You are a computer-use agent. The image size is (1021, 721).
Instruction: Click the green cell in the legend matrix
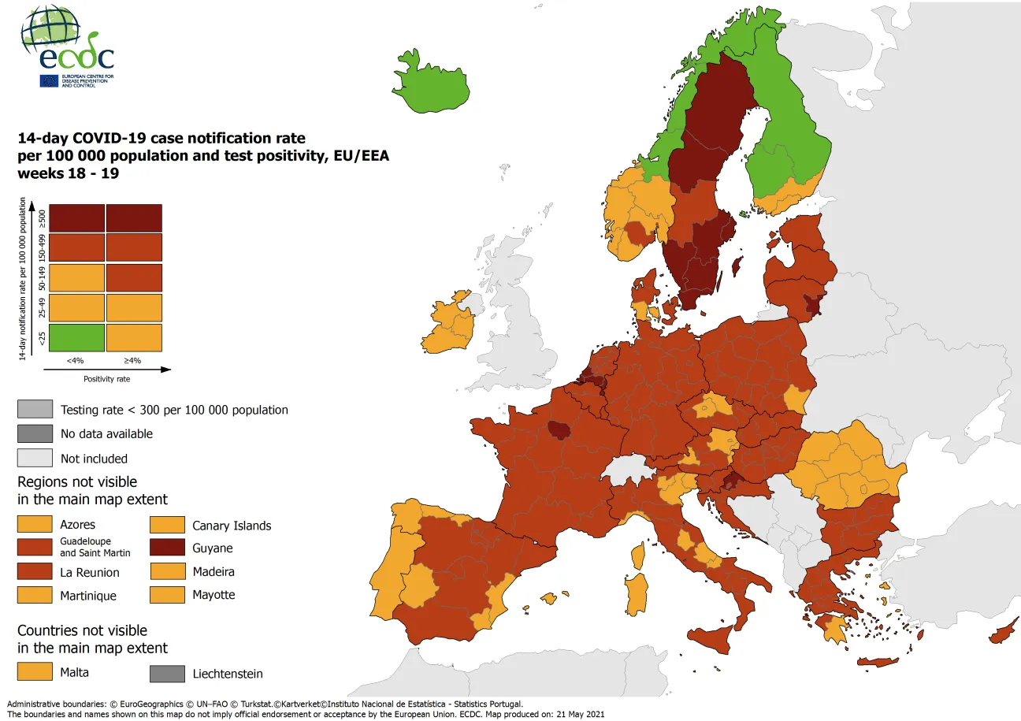[76, 337]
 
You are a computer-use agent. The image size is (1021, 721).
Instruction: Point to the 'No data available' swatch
[35, 433]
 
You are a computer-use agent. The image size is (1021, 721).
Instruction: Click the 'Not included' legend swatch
[35, 458]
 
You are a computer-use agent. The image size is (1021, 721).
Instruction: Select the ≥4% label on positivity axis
[133, 361]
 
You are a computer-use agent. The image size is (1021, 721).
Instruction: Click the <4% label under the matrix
[75, 361]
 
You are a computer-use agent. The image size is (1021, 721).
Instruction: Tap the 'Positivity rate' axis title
[107, 378]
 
